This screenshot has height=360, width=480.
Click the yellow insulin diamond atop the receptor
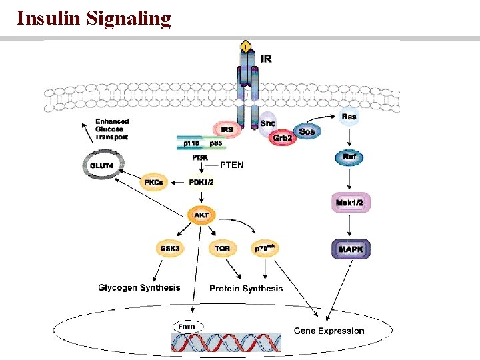pyautogui.click(x=246, y=46)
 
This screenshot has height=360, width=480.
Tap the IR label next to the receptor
pyautogui.click(x=265, y=59)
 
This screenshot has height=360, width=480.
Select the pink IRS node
pyautogui.click(x=227, y=129)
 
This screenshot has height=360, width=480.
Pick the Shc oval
pyautogui.click(x=267, y=123)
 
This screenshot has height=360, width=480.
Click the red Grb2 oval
pyautogui.click(x=281, y=138)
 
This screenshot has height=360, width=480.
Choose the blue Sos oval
pyautogui.click(x=307, y=132)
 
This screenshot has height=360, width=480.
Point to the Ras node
pyautogui.click(x=349, y=117)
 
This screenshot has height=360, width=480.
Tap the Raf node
pyautogui.click(x=349, y=157)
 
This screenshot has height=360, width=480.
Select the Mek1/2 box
pyautogui.click(x=350, y=201)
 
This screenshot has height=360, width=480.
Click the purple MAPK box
pyautogui.click(x=350, y=249)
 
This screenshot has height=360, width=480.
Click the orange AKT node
pyautogui.click(x=201, y=215)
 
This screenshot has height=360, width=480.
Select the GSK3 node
pyautogui.click(x=169, y=249)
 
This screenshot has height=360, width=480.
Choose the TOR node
pyautogui.click(x=223, y=249)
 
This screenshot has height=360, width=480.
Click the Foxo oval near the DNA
pyautogui.click(x=188, y=326)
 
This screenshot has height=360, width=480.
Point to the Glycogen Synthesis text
pyautogui.click(x=139, y=288)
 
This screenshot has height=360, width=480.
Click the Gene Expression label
pyautogui.click(x=329, y=331)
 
